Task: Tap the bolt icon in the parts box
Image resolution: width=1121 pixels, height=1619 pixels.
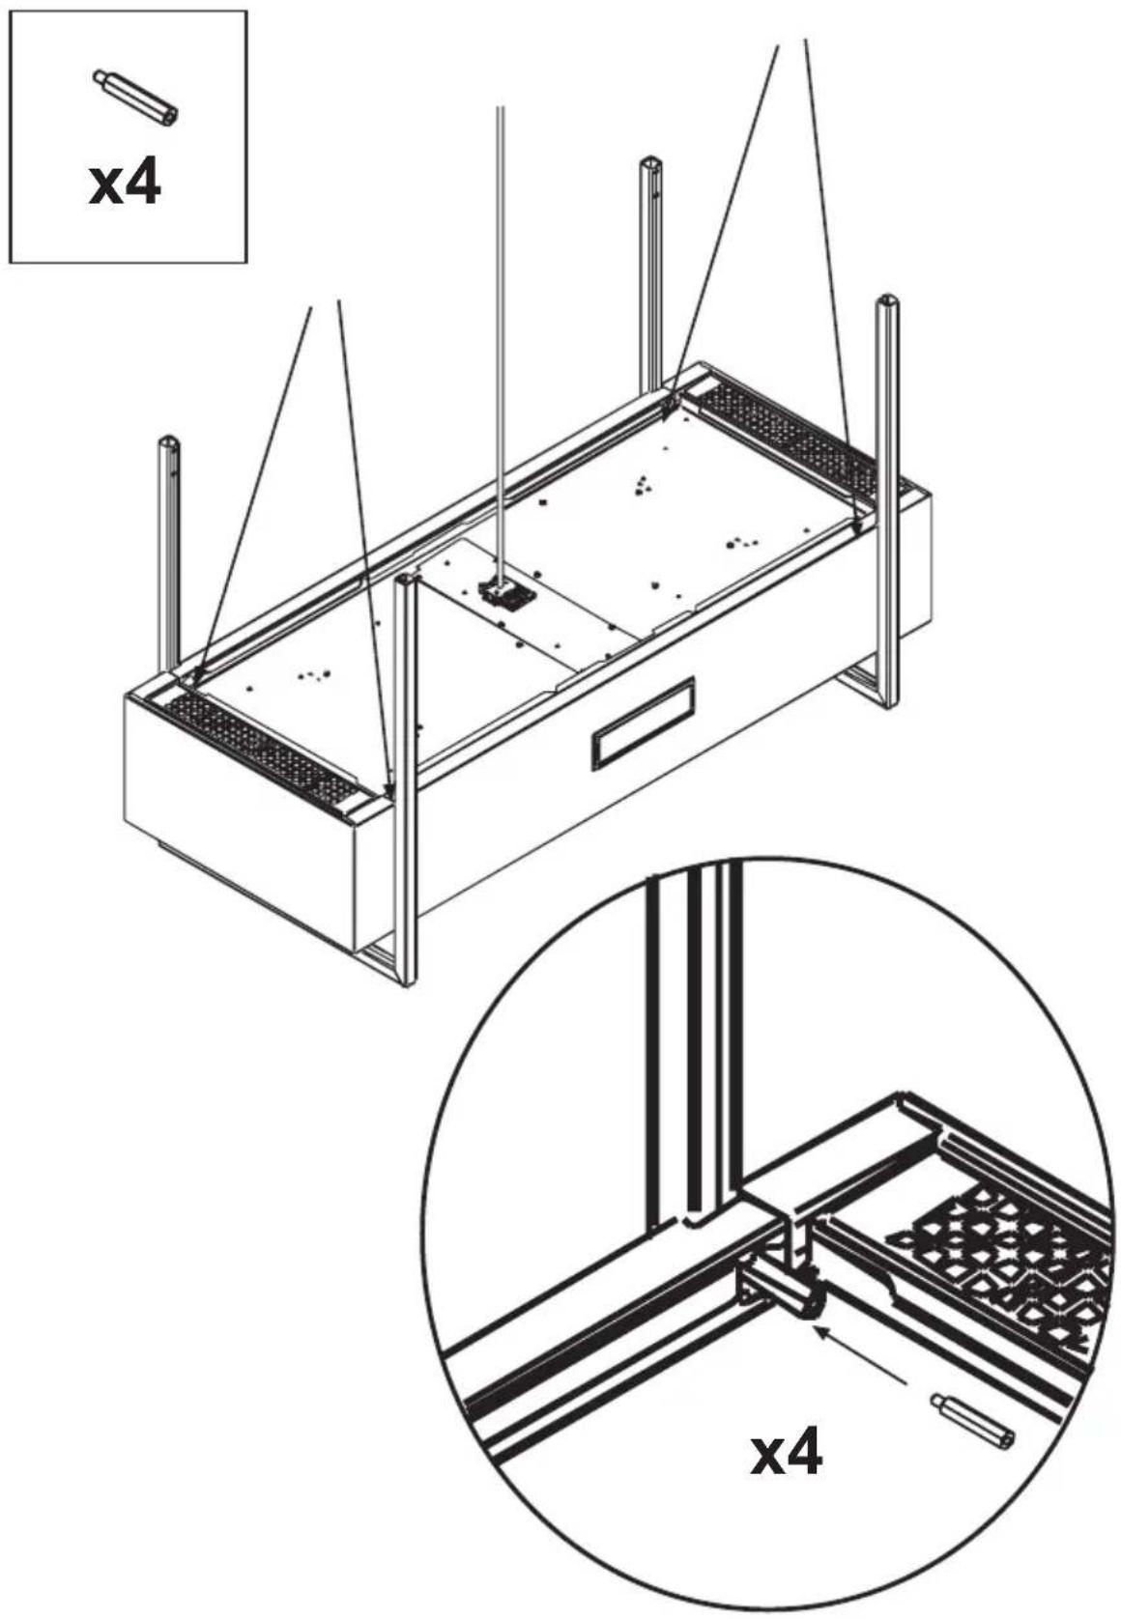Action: click(x=135, y=98)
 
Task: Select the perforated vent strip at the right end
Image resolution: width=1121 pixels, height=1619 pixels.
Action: click(x=794, y=435)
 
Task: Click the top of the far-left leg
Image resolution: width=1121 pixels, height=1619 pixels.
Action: click(x=169, y=440)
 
